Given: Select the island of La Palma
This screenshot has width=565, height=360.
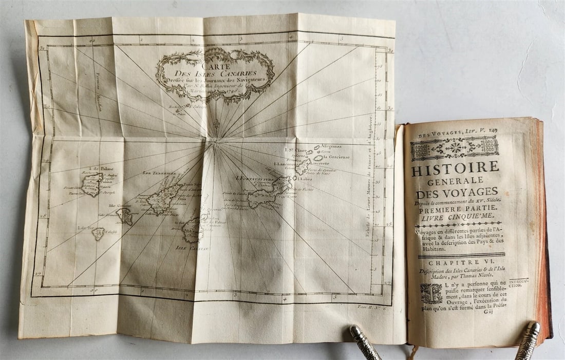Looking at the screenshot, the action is tap(92, 184).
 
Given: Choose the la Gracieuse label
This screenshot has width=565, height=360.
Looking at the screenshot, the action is tap(336, 157).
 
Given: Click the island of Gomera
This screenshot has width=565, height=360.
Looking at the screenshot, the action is tap(125, 216).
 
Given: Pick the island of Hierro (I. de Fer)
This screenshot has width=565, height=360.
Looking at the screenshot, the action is tap(98, 234).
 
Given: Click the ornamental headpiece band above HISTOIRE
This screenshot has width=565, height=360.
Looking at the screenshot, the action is tap(455, 148).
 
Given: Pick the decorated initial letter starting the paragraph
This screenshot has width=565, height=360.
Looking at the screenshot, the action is tap(431, 293).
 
